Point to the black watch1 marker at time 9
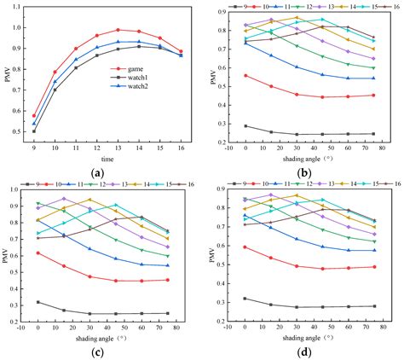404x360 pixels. tap(34, 131)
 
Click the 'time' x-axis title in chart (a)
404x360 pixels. tap(107, 158)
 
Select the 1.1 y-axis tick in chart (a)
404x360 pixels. tap(16, 8)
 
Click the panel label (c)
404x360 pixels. tap(107, 352)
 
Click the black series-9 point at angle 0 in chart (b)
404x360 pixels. tap(246, 126)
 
